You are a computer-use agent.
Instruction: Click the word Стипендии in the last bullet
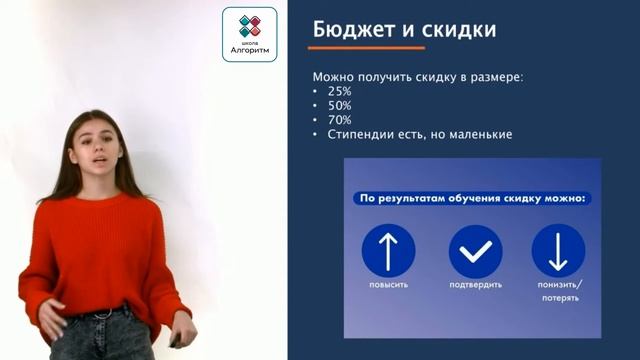point(361,134)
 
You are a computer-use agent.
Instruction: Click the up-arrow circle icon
point(388,251)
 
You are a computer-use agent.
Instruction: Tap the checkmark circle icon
point(475,251)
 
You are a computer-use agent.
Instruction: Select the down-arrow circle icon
point(558,251)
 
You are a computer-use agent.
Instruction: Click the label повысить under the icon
point(388,286)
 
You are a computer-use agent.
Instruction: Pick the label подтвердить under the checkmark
point(475,286)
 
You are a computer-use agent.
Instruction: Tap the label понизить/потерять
point(558,291)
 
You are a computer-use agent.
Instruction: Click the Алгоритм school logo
point(249,35)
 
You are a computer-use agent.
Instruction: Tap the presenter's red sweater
point(95,250)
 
